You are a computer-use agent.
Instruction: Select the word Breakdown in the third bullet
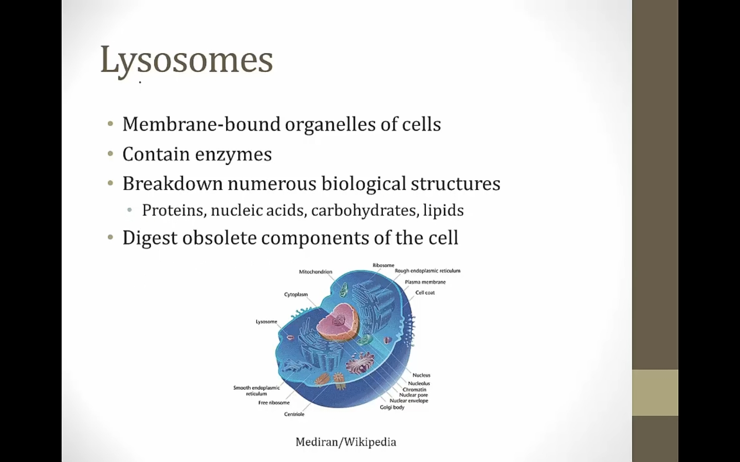coord(173,183)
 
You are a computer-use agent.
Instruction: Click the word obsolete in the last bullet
coord(219,237)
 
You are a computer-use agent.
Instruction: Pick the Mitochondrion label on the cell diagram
coord(316,272)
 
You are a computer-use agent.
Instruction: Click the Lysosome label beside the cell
coord(266,321)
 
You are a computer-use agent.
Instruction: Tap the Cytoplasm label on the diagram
coord(295,294)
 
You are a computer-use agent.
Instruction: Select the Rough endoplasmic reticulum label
coord(428,271)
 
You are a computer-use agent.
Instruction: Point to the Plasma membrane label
coord(425,282)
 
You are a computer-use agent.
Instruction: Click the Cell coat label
coord(425,293)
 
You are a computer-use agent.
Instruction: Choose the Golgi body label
coord(392,407)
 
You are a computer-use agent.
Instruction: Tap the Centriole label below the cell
coord(294,414)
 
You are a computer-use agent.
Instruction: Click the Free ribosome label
coord(274,402)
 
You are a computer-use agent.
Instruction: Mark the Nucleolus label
coord(419,383)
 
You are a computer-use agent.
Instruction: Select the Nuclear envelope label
coord(409,400)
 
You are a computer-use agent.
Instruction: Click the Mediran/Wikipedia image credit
coord(345,442)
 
